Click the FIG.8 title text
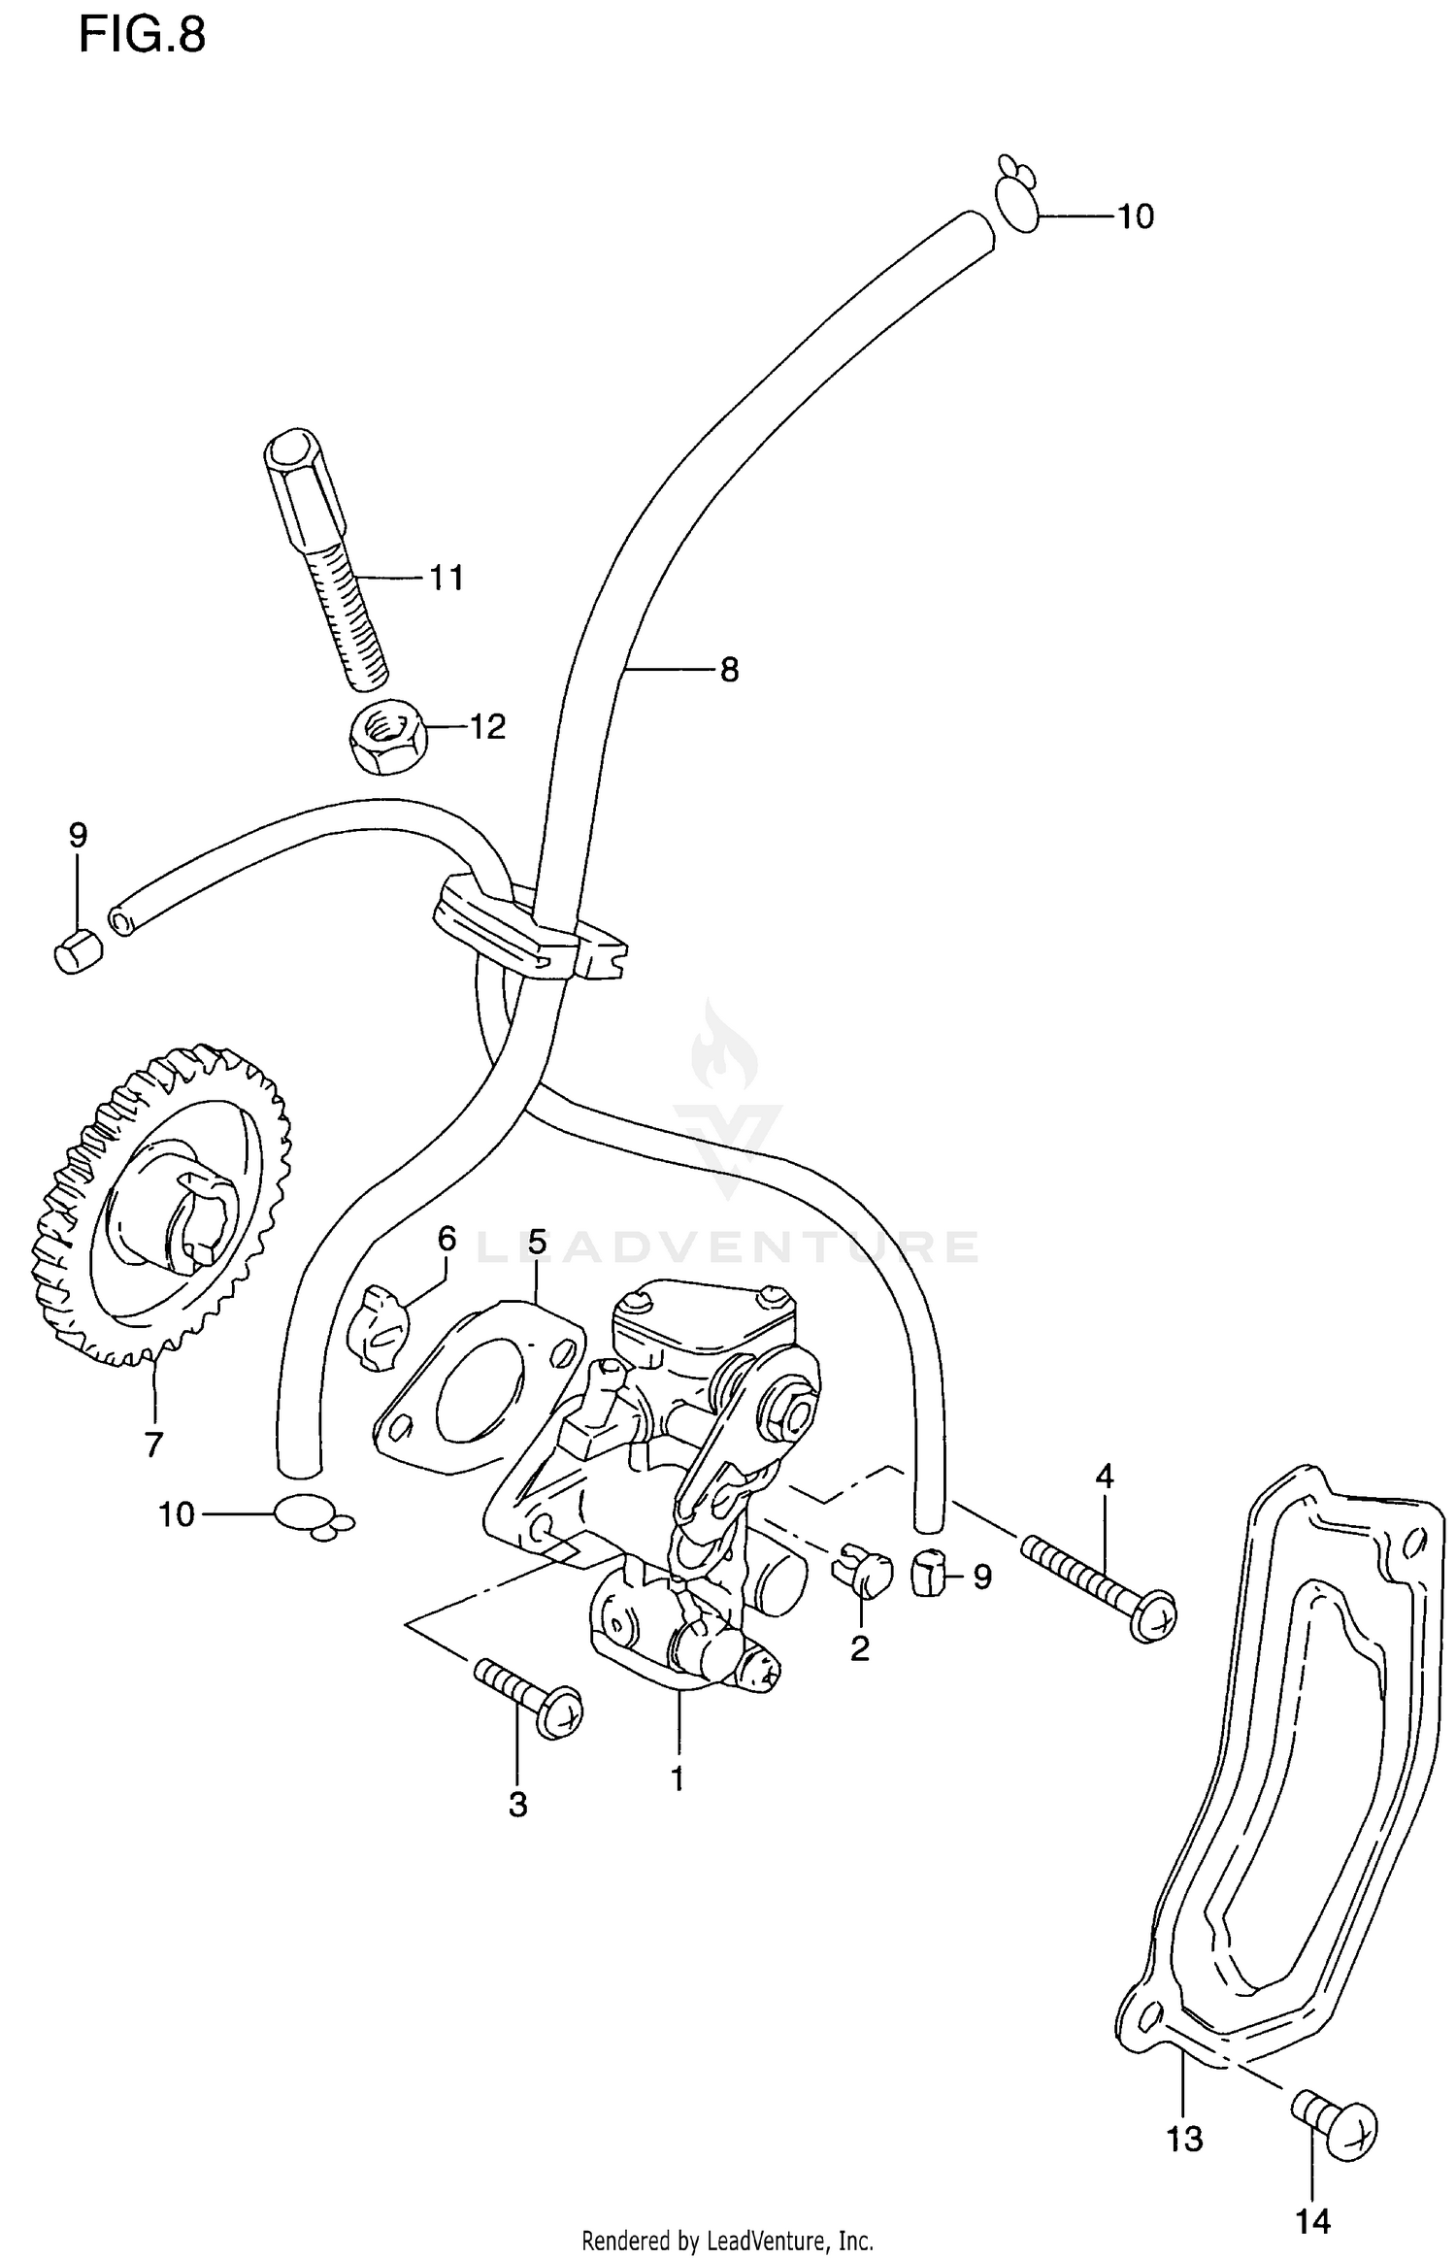click(142, 36)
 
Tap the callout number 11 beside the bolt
click(447, 579)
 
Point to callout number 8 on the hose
click(729, 670)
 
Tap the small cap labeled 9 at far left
click(77, 949)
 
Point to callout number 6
click(447, 1239)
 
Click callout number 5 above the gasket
click(537, 1243)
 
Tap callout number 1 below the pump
click(677, 1778)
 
